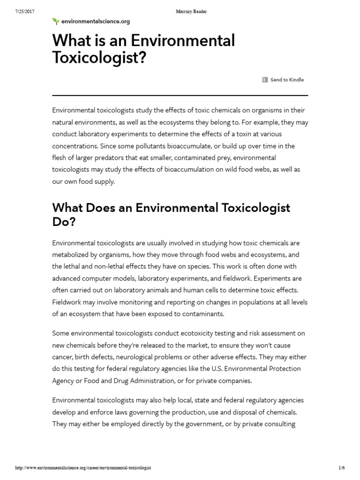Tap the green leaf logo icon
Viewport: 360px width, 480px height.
pyautogui.click(x=56, y=21)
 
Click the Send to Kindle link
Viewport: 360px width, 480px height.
pyautogui.click(x=287, y=80)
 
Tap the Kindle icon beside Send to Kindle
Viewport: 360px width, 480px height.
pyautogui.click(x=265, y=80)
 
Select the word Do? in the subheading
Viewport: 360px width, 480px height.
pyautogui.click(x=64, y=222)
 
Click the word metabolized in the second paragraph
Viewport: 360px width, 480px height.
pyautogui.click(x=74, y=255)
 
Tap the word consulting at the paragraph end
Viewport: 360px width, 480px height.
pyautogui.click(x=280, y=424)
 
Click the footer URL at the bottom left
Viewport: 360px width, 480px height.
pyautogui.click(x=83, y=468)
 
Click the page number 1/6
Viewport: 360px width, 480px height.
pyautogui.click(x=341, y=468)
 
